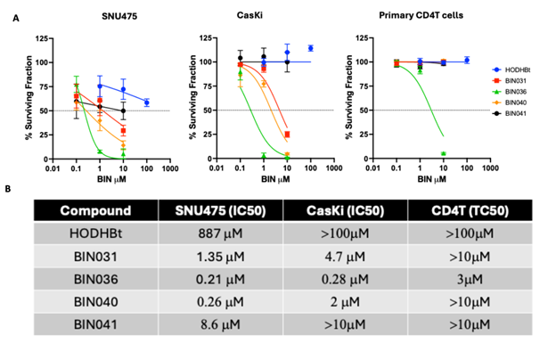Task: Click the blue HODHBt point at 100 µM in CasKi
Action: tap(311, 48)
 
